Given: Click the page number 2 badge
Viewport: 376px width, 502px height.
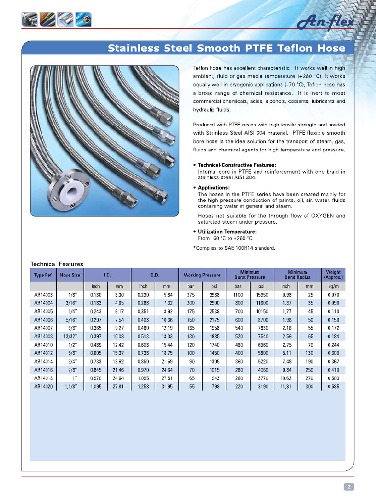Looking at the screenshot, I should (349, 487).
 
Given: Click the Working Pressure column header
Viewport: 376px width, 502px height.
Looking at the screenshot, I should (202, 275).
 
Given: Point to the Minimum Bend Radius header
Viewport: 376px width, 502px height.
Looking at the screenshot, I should (297, 275).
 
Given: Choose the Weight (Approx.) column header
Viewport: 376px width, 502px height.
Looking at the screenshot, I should (333, 275).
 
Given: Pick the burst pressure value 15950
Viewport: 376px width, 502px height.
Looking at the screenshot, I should (262, 295).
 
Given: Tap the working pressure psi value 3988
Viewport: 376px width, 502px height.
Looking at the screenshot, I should (214, 295).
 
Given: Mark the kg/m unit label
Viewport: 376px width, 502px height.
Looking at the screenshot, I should (333, 286).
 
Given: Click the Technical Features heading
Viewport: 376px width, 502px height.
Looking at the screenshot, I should (57, 264).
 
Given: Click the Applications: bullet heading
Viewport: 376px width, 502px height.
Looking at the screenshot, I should (213, 188).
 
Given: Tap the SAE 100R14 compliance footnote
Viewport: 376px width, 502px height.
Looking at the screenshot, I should (235, 248).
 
